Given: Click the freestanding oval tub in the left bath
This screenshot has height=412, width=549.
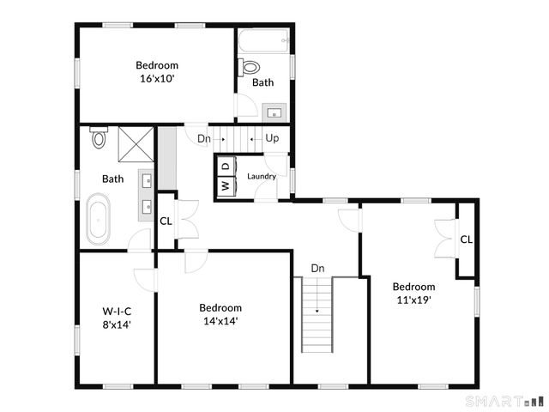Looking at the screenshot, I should point(99,218).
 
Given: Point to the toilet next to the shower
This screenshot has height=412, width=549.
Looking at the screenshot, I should point(98,137).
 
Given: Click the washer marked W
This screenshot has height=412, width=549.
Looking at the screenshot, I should point(225,185).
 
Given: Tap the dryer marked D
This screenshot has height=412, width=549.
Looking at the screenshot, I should point(225,166).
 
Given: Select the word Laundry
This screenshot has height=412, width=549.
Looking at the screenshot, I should point(262,177).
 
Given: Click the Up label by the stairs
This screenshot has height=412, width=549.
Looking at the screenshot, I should point(272,138).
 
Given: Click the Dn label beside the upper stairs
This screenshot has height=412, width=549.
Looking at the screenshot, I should point(203,138).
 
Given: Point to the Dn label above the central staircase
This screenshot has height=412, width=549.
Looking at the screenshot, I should point(317,268).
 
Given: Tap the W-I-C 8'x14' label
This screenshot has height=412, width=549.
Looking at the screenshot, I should point(116,318).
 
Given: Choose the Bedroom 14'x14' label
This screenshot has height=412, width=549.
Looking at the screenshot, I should point(220,314).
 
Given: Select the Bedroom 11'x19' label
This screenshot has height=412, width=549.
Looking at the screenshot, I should point(413,293).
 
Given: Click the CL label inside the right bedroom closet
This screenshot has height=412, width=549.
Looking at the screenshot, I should point(466,239).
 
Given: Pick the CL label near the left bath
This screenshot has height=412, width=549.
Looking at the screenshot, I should point(166,221).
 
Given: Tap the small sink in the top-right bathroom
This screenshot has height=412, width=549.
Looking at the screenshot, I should point(275,112).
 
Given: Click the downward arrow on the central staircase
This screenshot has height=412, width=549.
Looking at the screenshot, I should point(317,310).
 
